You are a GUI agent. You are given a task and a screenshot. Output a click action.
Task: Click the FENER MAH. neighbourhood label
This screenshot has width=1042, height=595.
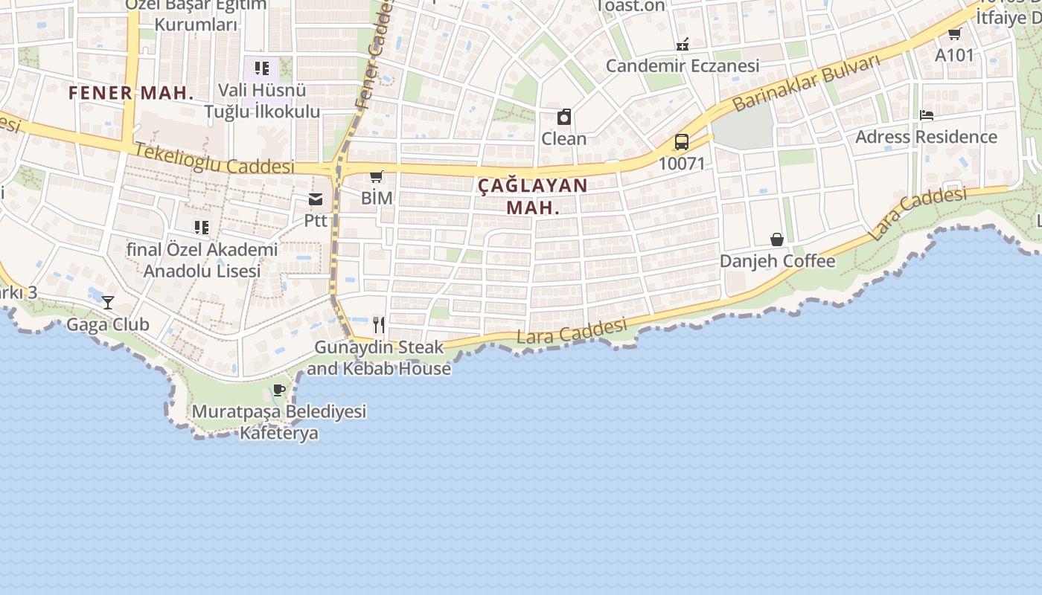pyautogui.click(x=131, y=93)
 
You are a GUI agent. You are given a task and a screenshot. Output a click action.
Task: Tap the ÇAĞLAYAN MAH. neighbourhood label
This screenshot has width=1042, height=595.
pyautogui.click(x=533, y=196)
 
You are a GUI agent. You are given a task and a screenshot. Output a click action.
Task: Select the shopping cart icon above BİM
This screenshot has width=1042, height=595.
pyautogui.click(x=377, y=177)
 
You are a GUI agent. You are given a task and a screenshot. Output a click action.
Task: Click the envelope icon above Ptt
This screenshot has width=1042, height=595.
pyautogui.click(x=316, y=199)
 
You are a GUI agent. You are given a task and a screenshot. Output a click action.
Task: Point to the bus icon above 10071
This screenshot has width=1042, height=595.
pyautogui.click(x=681, y=142)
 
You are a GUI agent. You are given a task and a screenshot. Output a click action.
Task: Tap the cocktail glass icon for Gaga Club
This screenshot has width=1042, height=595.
pyautogui.click(x=109, y=303)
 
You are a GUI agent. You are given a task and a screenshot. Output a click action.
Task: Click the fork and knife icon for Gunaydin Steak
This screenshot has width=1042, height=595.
pyautogui.click(x=379, y=324)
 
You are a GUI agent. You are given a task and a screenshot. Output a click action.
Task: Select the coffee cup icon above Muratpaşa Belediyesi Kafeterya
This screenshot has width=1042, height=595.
pyautogui.click(x=279, y=390)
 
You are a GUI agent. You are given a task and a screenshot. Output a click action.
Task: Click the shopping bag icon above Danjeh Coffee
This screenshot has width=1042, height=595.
pyautogui.click(x=777, y=239)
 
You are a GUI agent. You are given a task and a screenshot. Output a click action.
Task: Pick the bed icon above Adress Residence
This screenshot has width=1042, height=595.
pyautogui.click(x=927, y=115)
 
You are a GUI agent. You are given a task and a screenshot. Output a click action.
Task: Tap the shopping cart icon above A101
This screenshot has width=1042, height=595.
pyautogui.click(x=954, y=33)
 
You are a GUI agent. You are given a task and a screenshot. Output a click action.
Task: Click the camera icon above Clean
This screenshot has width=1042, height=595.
pyautogui.click(x=564, y=117)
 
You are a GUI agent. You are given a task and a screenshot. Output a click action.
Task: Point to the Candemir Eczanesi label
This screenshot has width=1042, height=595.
pyautogui.click(x=683, y=65)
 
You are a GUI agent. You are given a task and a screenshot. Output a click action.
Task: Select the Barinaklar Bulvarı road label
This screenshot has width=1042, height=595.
pyautogui.click(x=806, y=83)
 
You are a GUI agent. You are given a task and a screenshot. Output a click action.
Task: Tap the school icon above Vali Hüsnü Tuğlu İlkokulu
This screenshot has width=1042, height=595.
pyautogui.click(x=262, y=69)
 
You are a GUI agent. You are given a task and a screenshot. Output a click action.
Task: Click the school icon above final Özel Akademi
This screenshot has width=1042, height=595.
pyautogui.click(x=202, y=227)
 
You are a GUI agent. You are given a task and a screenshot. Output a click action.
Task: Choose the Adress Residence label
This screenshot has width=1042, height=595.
pyautogui.click(x=926, y=137)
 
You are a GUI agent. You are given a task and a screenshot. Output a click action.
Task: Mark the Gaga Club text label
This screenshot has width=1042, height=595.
pyautogui.click(x=108, y=324)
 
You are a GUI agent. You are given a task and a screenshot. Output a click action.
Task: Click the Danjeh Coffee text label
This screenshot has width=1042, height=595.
pyautogui.click(x=777, y=261)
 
